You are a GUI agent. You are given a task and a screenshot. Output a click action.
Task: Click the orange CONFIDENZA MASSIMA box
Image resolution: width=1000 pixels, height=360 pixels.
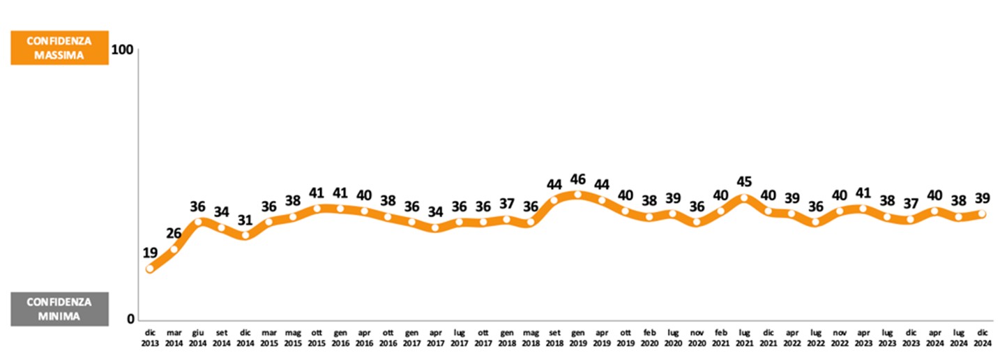tap(59, 47)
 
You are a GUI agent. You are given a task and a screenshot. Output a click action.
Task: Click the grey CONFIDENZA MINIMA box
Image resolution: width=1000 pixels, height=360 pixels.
tap(59, 309)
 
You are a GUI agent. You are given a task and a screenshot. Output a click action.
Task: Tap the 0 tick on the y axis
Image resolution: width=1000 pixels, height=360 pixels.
tap(129, 319)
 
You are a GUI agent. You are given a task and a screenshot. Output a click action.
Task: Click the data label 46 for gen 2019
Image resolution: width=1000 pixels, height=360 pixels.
tap(577, 179)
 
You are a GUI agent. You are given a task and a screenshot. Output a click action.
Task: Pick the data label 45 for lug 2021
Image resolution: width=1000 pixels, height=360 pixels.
tap(744, 182)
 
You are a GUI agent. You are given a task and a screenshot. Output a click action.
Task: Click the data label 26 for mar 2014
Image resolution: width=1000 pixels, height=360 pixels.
tap(174, 233)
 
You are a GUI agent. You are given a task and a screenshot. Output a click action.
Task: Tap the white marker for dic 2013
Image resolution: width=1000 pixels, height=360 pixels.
tap(150, 269)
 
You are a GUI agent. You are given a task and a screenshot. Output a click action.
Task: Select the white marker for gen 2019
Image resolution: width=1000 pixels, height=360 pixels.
tap(577, 195)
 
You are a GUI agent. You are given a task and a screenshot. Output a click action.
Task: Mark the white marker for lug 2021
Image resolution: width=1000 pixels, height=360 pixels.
tap(744, 197)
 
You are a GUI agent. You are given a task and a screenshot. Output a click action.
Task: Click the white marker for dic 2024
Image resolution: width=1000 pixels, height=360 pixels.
tap(982, 213)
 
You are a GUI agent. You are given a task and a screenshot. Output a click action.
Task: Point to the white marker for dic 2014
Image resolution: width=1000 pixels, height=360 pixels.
tap(245, 235)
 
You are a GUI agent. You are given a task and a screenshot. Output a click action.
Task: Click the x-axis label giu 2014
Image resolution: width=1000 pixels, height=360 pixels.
tap(197, 338)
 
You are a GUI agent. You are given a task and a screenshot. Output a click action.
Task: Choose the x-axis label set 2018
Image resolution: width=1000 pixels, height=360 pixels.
tap(554, 338)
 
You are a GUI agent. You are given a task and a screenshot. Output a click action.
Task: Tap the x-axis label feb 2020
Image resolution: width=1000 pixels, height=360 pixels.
tap(649, 338)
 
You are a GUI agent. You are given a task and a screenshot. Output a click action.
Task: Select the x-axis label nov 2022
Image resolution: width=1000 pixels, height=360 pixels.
tap(839, 338)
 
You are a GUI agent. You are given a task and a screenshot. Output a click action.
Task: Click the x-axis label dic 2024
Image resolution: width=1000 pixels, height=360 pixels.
tap(982, 338)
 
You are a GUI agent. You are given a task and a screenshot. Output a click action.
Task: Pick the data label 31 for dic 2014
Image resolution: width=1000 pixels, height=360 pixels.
tap(245, 219)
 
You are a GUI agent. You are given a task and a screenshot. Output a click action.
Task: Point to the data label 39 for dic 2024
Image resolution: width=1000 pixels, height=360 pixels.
tap(982, 199)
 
